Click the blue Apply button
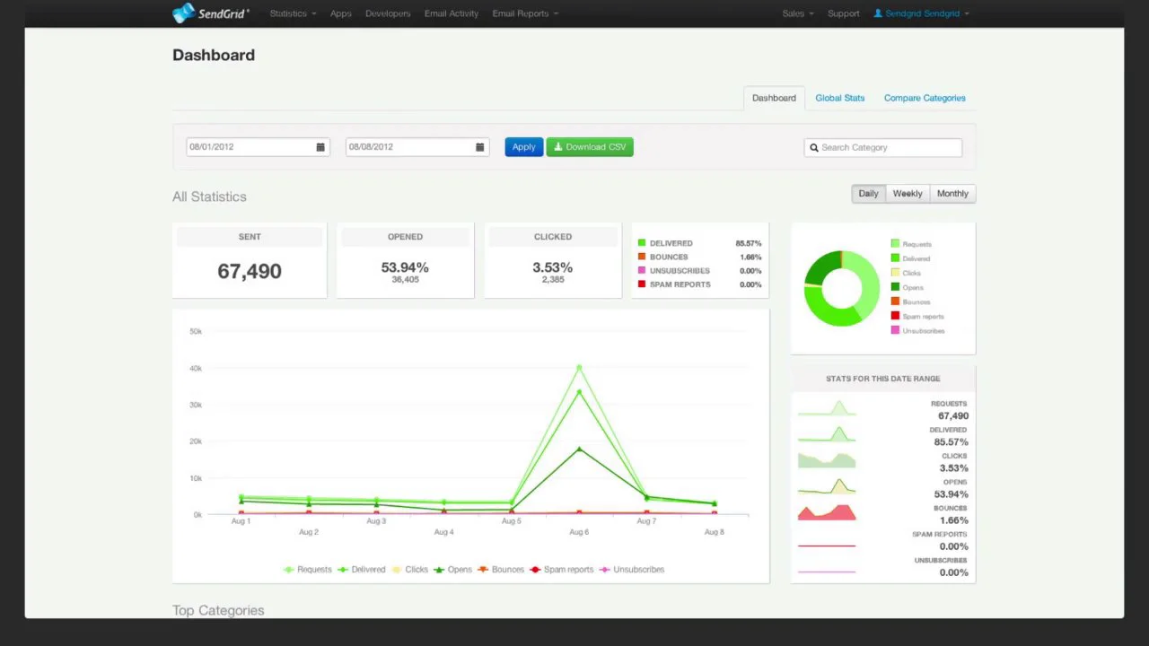(x=523, y=147)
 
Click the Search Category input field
(x=889, y=147)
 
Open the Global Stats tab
(x=839, y=98)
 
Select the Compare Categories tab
(x=925, y=98)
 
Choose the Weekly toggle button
(x=907, y=194)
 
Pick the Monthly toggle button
(x=952, y=194)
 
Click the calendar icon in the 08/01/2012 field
(x=320, y=147)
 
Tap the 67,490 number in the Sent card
(x=250, y=271)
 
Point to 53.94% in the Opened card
(x=405, y=267)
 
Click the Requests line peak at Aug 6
(x=579, y=368)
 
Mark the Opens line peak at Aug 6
(x=579, y=449)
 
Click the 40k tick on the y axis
(x=196, y=368)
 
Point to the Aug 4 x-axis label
(x=443, y=532)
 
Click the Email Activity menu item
(x=452, y=13)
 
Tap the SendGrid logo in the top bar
(x=211, y=13)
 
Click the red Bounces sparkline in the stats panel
(x=827, y=512)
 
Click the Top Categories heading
(x=218, y=610)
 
